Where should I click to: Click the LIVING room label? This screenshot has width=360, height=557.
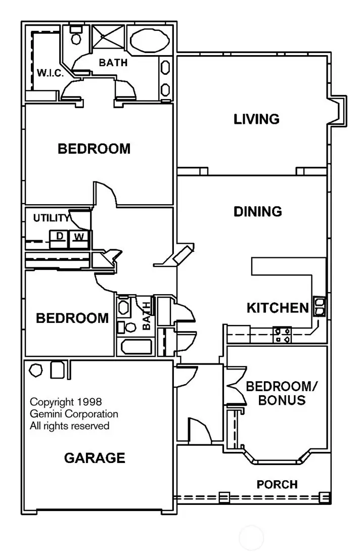(256, 119)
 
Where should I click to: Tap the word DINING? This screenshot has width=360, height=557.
(257, 211)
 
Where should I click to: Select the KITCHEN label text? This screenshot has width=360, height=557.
(277, 308)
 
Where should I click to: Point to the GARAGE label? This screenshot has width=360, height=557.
(94, 458)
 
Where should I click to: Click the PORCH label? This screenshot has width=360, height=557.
(277, 485)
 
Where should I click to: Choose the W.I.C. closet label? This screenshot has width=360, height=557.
(50, 73)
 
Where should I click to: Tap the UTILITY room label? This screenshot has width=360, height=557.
(51, 218)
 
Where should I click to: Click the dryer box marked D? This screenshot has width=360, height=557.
(59, 237)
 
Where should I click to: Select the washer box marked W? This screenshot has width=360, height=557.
(78, 237)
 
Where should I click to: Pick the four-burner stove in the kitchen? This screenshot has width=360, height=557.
(282, 335)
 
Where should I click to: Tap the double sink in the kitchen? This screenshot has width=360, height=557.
(320, 306)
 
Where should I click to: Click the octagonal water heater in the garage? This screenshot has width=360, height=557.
(36, 369)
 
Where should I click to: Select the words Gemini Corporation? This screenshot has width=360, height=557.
(74, 414)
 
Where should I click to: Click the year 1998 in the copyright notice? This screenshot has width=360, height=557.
(89, 402)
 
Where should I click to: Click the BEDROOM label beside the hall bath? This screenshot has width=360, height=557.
(72, 318)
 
